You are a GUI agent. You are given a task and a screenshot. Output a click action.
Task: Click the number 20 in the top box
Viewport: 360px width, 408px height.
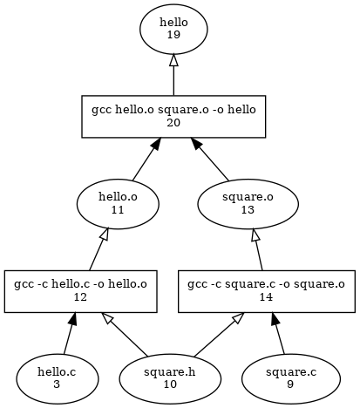[x=173, y=123]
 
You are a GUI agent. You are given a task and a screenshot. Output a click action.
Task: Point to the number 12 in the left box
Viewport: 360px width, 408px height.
[x=80, y=297]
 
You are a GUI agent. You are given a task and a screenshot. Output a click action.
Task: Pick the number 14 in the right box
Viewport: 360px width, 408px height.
[x=266, y=297]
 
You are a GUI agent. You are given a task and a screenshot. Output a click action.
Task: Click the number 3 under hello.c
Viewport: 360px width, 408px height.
[x=57, y=384]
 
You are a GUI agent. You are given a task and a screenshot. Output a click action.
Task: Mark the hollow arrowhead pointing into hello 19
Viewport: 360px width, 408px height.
[x=173, y=60]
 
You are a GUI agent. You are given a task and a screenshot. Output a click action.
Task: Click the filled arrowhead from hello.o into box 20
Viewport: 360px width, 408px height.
[x=156, y=144]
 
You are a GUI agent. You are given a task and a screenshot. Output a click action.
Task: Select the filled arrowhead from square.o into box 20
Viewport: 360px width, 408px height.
[x=195, y=144]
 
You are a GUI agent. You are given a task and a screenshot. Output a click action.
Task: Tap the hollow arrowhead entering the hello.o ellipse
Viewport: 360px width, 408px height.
[x=105, y=235]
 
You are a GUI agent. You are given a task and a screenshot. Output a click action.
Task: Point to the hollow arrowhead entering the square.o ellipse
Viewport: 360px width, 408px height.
[x=255, y=235]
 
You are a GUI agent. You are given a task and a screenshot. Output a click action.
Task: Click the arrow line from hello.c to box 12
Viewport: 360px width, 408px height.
[x=70, y=333]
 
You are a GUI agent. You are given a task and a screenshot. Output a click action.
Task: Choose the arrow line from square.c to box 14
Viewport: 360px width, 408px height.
[x=278, y=333]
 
